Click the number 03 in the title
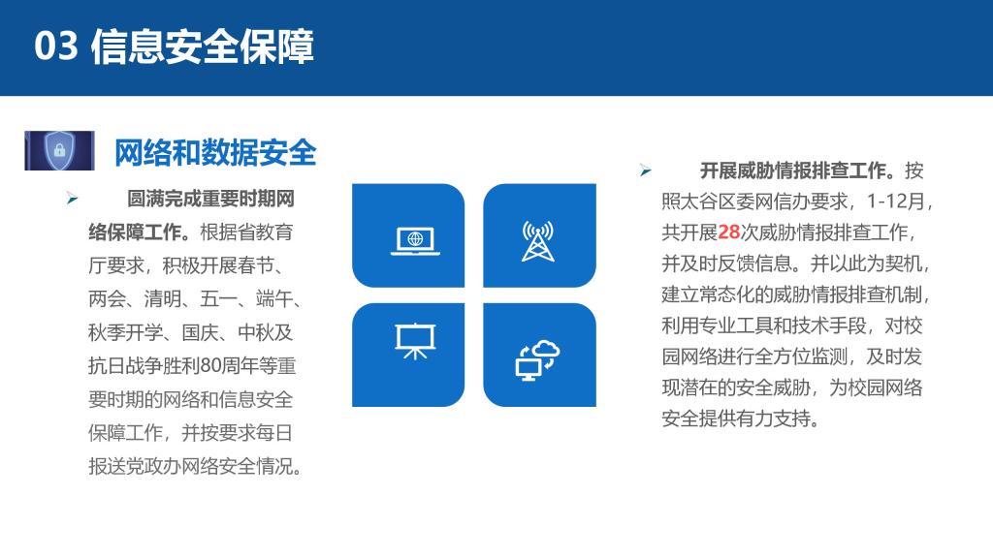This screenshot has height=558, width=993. [55, 46]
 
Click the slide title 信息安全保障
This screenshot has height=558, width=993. [203, 46]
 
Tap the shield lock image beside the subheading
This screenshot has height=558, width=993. [59, 150]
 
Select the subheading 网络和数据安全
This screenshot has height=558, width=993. [215, 152]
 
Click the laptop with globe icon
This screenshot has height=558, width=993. [415, 241]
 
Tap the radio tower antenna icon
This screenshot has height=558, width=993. [538, 241]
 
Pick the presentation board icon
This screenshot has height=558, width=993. [415, 341]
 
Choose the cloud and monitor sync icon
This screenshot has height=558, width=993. [537, 360]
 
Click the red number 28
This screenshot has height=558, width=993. [729, 232]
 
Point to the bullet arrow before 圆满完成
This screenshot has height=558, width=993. [72, 199]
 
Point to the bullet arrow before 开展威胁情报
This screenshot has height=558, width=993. [645, 170]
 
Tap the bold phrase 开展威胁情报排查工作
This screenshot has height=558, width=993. [792, 170]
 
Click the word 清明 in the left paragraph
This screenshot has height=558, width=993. [162, 298]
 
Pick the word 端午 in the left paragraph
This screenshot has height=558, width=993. [273, 298]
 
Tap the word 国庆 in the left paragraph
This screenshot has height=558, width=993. [200, 332]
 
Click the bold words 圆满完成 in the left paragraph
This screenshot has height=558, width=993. [164, 199]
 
